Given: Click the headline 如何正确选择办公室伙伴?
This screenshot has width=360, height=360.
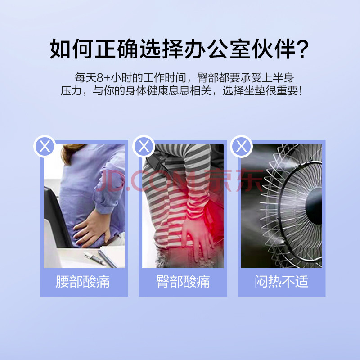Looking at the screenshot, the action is tap(179, 49).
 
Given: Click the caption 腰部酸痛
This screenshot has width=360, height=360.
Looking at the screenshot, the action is tap(83, 282).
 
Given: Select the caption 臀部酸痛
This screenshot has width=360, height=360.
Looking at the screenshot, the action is tap(183, 282).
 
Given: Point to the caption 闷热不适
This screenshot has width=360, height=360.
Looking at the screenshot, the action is tap(282, 282).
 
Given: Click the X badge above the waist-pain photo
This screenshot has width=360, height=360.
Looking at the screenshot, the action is tap(45, 146).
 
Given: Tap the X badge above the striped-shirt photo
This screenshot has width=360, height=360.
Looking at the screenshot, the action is tap(144, 146).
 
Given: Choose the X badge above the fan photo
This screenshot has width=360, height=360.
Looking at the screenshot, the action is tap(242, 146).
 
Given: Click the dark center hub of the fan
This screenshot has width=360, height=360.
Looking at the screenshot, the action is tap(314, 206).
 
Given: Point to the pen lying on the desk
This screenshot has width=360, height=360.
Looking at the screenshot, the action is tap(94, 258).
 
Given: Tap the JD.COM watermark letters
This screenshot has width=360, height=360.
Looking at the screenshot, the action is tap(149, 181).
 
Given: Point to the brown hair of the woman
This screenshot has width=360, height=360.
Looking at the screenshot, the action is tap(71, 153).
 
